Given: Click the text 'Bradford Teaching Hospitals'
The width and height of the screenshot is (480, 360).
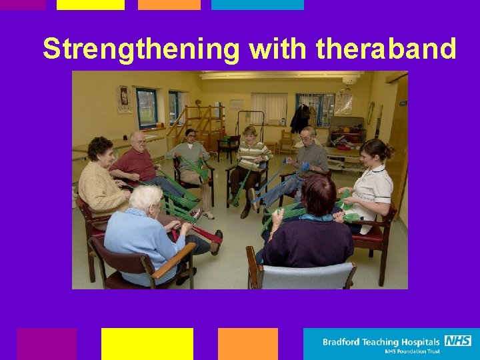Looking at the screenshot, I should pos(381,342).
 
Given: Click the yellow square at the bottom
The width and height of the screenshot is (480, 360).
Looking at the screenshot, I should pos(147,343).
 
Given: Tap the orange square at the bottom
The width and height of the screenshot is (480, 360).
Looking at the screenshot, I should pos(247,343).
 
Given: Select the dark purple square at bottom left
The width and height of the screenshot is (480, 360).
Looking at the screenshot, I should pos(47,343).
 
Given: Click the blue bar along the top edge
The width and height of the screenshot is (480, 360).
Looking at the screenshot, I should pos(257,5).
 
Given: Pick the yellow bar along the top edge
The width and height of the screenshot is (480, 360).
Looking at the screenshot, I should pos(91,5).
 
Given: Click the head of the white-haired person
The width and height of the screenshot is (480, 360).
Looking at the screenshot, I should pos(145,197).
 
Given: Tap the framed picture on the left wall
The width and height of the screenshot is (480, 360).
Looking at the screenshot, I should pos(124,99).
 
